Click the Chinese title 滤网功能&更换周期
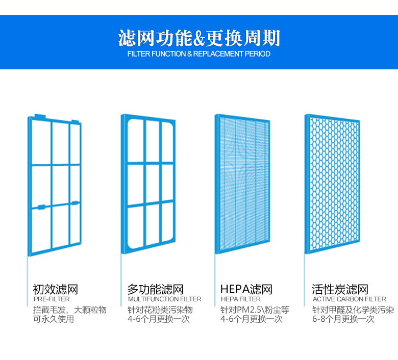click(199, 38)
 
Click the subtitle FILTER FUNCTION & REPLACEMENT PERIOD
click(199, 54)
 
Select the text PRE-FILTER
click(52, 299)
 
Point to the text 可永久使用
click(54, 319)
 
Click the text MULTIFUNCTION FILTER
click(164, 299)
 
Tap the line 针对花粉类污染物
click(160, 310)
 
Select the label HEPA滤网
click(246, 290)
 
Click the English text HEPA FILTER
click(240, 299)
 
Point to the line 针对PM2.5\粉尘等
click(255, 310)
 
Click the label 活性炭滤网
click(340, 290)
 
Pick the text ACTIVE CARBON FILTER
click(349, 299)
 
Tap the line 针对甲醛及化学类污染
click(353, 310)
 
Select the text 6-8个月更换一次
click(343, 319)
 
